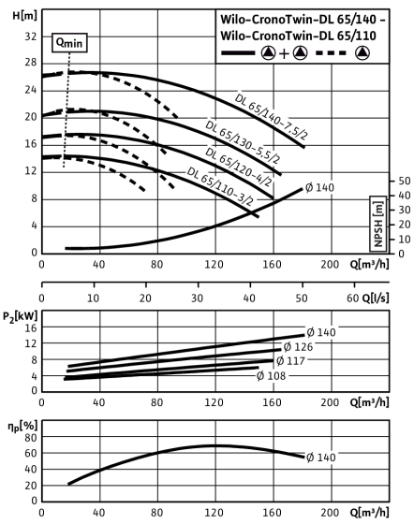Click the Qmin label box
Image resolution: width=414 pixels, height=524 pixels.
click(69, 43)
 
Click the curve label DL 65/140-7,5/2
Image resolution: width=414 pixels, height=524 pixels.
click(271, 116)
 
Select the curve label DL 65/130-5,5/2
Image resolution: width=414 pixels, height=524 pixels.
click(243, 142)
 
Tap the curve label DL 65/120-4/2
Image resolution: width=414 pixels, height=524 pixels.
click(238, 167)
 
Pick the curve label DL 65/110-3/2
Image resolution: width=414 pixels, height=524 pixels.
click(220, 186)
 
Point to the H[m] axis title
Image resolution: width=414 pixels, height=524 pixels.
click(24, 15)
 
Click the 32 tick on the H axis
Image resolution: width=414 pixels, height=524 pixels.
click(31, 36)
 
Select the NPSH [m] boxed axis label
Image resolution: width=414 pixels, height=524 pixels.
click(377, 224)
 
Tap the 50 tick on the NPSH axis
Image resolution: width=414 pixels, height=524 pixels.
click(404, 181)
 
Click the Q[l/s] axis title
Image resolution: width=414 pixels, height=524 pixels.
click(376, 298)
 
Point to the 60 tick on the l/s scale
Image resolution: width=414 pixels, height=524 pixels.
click(353, 298)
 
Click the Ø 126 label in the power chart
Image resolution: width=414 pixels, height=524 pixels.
click(298, 347)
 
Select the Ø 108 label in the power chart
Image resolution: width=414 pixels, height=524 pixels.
click(272, 376)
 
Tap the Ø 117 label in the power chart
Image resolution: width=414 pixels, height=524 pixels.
click(290, 361)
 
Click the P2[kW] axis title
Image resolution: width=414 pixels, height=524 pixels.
click(21, 316)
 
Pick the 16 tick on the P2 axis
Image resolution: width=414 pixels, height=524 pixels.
click(31, 328)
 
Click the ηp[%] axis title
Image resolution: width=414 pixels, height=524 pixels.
click(22, 427)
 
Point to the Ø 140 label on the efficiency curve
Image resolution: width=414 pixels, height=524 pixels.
click(320, 458)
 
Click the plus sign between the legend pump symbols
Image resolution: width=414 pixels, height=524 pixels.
click(284, 53)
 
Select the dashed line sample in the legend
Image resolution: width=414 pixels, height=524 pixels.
click(331, 52)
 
